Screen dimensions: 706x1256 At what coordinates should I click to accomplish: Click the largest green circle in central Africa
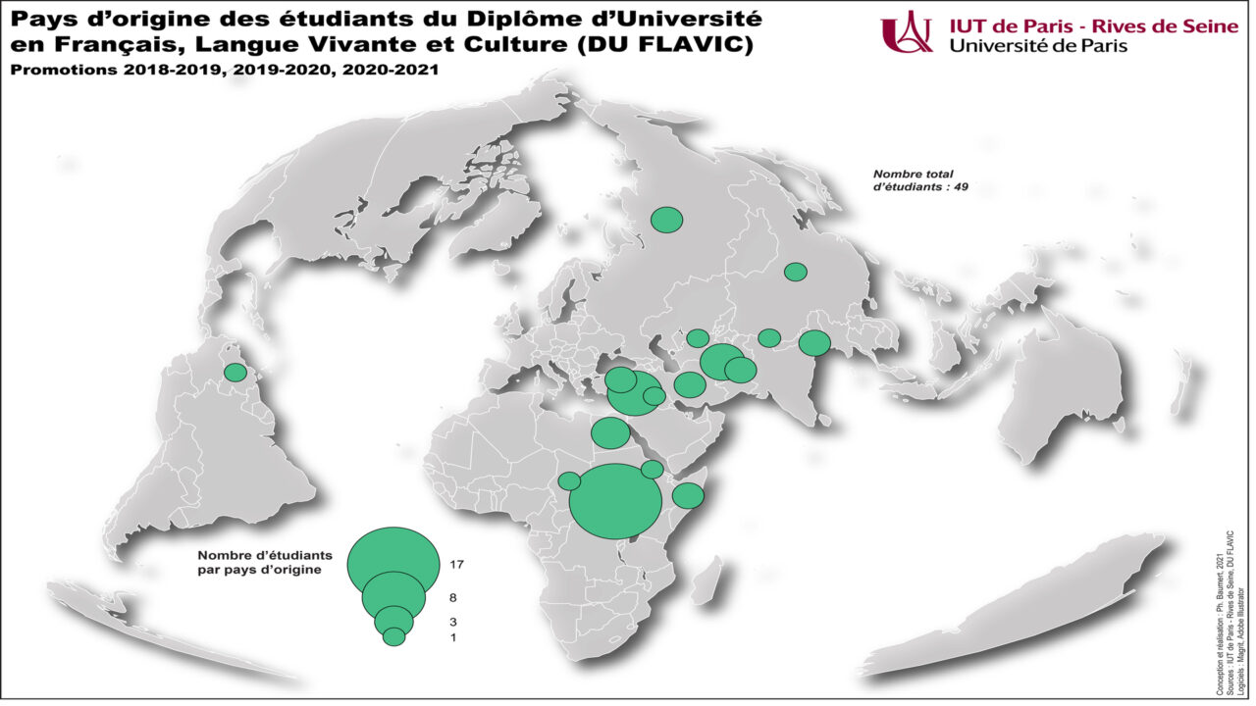[x=615, y=501]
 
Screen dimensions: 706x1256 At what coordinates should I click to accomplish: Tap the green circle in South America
[x=235, y=373]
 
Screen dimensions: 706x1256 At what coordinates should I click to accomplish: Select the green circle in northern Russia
[x=667, y=220]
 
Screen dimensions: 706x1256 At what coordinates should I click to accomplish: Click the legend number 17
[x=454, y=565]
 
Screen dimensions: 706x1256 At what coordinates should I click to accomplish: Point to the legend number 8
[x=451, y=597]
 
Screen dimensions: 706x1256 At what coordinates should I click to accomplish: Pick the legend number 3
[x=451, y=622]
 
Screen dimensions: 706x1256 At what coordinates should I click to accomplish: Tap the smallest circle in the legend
[x=393, y=636]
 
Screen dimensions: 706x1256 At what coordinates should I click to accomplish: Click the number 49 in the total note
[x=959, y=186]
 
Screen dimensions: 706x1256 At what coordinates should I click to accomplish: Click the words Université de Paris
[x=1039, y=45]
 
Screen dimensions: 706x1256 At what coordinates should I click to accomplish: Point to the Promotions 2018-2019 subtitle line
[x=225, y=71]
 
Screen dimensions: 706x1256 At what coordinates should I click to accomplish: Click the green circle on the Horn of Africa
[x=688, y=495]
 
